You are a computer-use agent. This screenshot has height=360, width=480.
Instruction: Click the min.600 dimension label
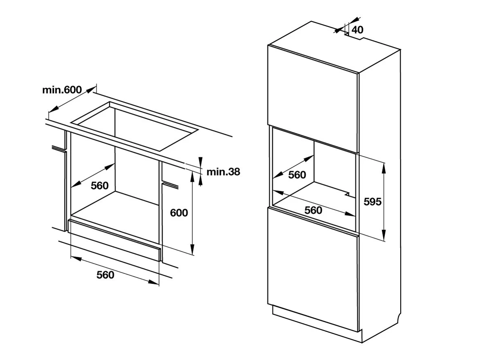coord(62,89)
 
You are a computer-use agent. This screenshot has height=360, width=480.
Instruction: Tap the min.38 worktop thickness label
coord(223,172)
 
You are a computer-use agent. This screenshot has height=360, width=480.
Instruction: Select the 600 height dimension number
coord(179,213)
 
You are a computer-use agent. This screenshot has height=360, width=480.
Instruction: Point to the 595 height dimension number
coord(373,201)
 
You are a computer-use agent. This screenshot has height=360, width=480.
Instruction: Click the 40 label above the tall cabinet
coord(357,30)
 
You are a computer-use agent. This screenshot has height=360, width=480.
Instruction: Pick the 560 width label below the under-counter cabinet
coord(105,275)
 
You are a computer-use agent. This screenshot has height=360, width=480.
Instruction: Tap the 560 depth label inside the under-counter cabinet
coord(100,185)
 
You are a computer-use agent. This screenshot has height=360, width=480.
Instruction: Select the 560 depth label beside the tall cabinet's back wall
coord(297,175)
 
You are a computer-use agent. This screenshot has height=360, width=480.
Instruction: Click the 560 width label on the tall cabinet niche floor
coord(313,210)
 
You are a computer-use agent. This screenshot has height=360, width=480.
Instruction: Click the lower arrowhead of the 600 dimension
coord(192,249)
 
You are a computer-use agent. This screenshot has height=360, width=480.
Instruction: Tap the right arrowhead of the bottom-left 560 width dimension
coord(154,282)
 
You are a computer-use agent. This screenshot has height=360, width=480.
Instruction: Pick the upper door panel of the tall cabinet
coord(313,98)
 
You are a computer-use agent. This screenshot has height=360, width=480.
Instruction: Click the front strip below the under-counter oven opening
coord(115,240)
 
